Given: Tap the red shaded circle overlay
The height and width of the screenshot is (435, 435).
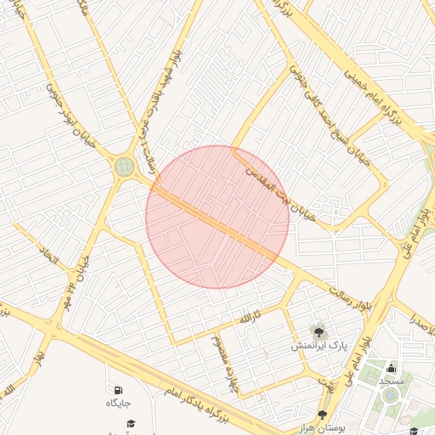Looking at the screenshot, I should (217, 217).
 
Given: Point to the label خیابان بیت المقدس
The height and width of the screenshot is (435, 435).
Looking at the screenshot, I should (280, 195).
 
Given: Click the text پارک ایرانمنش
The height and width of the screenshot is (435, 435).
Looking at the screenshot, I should (319, 347).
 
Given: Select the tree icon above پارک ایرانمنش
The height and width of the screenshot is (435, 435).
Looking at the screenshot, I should (319, 332).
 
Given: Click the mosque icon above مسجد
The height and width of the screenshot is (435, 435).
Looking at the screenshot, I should (391, 368).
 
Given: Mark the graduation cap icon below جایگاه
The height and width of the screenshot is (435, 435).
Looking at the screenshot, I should (131, 423).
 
